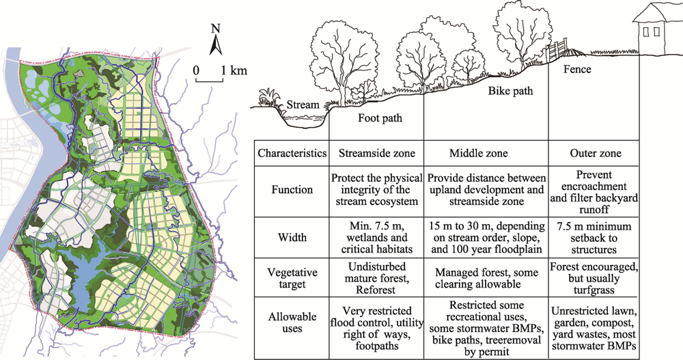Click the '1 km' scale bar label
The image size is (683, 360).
pos(234,70)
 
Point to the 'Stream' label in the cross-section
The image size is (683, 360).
pos(303,105)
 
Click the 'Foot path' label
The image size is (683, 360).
pos(380,118)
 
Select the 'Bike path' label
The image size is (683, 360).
pos(510,91)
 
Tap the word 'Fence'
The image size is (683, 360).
pos(577,69)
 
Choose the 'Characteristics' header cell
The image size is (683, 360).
pos(292,153)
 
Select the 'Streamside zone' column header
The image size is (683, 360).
pos(377,153)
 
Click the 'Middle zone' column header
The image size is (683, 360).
pos(478,153)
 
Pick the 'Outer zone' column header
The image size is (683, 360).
pos(596,153)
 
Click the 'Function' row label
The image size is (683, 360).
pos(292,190)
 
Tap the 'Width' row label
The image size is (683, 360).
pos(292,238)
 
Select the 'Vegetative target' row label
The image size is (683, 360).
pos(292,278)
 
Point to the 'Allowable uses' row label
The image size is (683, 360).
pos(292,322)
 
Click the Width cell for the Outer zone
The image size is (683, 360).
pos(594,238)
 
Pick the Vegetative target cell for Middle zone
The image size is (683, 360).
pos(486,278)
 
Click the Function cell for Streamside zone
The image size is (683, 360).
pos(377,190)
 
